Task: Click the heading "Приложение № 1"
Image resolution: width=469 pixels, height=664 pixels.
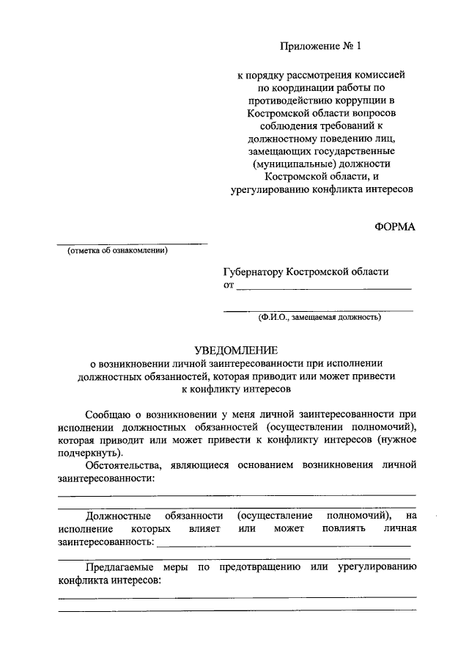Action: tap(320, 46)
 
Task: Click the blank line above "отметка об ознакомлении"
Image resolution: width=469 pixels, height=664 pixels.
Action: tap(132, 243)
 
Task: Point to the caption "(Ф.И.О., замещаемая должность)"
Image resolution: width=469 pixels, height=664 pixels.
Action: tap(318, 318)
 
